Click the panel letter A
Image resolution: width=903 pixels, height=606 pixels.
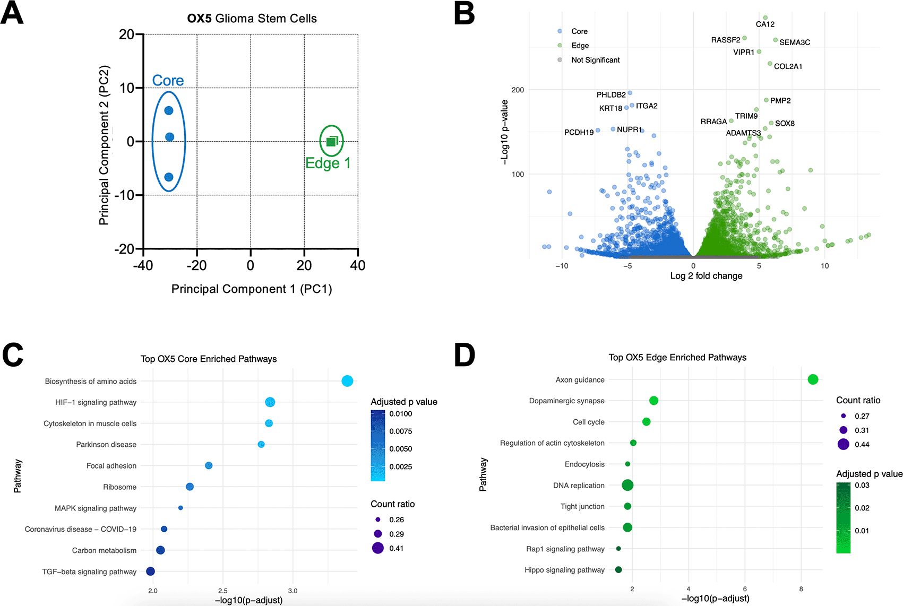coord(12,14)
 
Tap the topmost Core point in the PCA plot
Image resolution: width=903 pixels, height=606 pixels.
coord(169,110)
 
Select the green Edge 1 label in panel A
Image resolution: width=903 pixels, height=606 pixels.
coord(328,163)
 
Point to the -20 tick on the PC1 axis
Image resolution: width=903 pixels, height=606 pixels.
coord(197,265)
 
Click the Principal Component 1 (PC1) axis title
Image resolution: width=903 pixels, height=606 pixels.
coord(251,289)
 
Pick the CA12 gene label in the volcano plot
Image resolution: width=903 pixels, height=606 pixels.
coord(765,24)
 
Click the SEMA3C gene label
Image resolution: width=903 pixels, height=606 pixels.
coord(794,42)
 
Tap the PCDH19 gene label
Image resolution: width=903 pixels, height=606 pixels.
coord(579,133)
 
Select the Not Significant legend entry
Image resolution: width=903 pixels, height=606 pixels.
coord(595,60)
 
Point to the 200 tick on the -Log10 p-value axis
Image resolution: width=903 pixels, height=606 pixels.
coord(518,90)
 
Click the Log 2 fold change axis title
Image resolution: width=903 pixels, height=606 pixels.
coord(706,276)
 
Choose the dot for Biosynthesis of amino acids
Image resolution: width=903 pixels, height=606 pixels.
coord(347,381)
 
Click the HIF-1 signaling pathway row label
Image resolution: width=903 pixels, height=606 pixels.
coord(96,402)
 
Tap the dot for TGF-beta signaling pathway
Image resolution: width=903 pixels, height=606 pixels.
coord(150,572)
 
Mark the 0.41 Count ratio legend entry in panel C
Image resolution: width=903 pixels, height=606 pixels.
coord(396,548)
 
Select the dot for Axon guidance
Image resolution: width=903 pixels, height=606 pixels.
coord(813,379)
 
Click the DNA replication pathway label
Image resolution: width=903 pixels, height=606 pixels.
coord(579,486)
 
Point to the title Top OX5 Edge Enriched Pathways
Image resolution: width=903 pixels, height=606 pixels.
coord(677,358)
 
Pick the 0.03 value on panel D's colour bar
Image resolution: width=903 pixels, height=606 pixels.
coord(862,485)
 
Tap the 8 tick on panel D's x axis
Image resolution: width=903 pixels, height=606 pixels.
coord(801,589)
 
